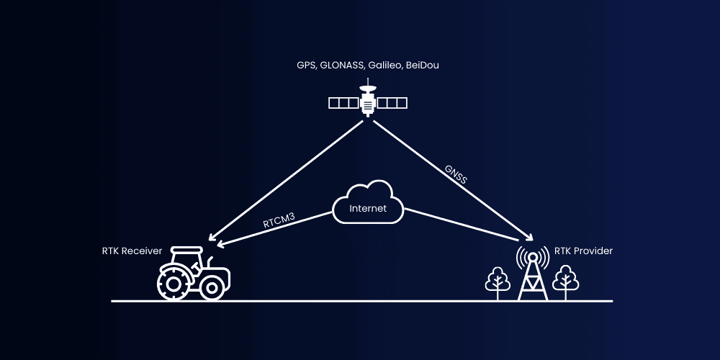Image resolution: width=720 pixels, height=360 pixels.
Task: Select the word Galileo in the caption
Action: tap(385, 66)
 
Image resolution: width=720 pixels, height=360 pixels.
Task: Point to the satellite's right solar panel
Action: tap(392, 103)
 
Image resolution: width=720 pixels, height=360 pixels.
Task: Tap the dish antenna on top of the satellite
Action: tap(368, 90)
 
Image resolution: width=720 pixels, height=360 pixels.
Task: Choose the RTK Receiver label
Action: tap(132, 251)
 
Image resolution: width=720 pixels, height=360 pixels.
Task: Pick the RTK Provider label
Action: tap(583, 251)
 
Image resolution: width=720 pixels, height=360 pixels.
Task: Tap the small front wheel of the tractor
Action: tap(212, 288)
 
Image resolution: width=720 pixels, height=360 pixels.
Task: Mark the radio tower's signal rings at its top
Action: tap(531, 256)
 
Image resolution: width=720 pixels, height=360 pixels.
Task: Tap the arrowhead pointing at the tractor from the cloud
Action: tap(220, 245)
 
